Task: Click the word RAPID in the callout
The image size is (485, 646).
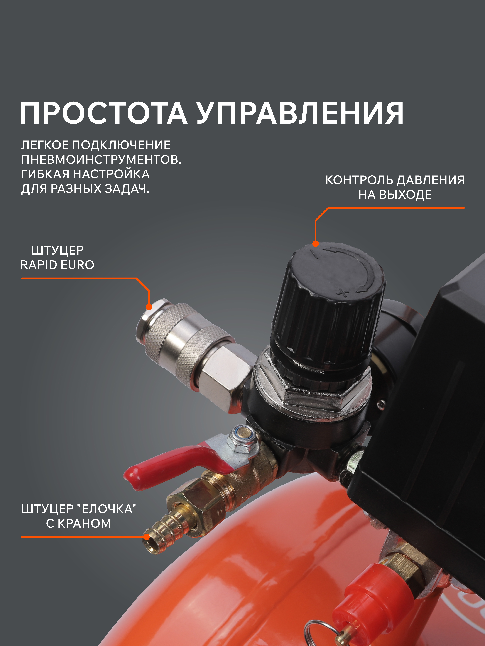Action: click(x=39, y=265)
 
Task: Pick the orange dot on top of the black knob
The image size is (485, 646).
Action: click(x=315, y=244)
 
